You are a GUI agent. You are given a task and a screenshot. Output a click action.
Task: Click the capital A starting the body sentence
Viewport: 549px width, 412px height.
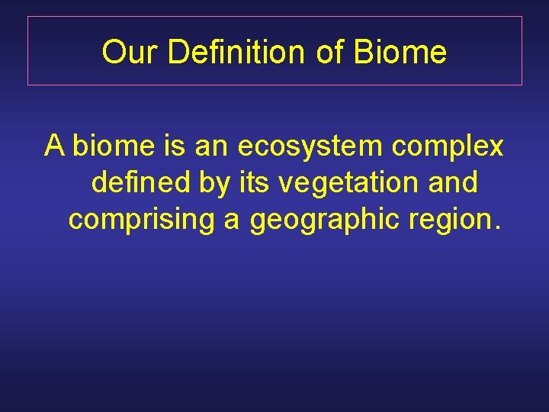[x=54, y=145]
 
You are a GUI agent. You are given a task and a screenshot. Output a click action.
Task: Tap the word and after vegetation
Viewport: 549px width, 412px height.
[x=451, y=182]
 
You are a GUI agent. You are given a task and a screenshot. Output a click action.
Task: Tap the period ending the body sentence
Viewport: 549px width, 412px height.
[x=497, y=227]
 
